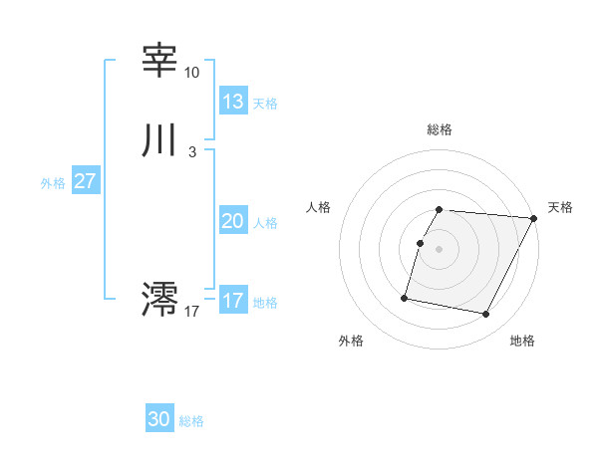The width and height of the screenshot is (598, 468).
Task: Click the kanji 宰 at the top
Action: tap(159, 62)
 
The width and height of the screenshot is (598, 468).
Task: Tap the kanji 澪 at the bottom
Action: tap(159, 299)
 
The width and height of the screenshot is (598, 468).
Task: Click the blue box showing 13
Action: tap(232, 102)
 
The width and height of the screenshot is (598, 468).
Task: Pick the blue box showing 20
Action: tap(232, 221)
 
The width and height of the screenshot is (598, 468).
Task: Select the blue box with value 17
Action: tap(232, 301)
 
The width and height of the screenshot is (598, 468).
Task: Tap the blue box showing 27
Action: tap(85, 181)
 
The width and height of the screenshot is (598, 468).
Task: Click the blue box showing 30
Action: tap(159, 419)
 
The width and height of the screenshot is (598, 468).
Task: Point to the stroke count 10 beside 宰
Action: tap(191, 73)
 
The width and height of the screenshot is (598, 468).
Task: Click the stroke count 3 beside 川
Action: tap(191, 151)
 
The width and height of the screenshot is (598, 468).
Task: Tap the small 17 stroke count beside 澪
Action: tap(192, 312)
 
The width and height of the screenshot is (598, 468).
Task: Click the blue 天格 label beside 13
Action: tap(265, 104)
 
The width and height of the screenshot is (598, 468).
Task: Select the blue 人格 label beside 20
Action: tap(265, 223)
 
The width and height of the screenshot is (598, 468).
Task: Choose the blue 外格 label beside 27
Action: tap(53, 183)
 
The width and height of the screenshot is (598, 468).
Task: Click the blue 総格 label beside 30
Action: tap(191, 421)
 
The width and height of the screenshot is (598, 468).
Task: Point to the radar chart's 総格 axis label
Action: tap(440, 129)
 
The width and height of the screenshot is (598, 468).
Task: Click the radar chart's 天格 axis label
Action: tap(560, 207)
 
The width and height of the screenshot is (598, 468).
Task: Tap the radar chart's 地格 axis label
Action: tap(522, 341)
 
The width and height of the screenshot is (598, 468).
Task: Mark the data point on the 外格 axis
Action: tap(405, 297)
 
